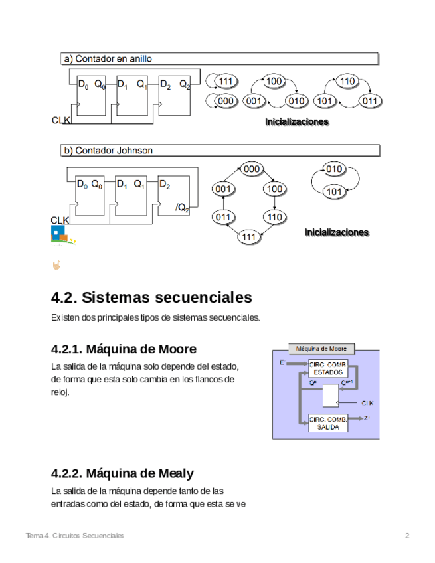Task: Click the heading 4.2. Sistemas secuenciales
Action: coord(151,297)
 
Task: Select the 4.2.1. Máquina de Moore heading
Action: coord(124,349)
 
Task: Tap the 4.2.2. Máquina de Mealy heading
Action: coord(122,473)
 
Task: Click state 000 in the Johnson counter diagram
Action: coord(252,169)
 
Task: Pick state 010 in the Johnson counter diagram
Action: coord(335,169)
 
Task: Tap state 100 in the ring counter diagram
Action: coord(274,82)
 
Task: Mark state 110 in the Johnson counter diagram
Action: coord(274,217)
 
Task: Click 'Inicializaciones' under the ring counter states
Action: coord(297,122)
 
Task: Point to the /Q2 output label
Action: coord(182,208)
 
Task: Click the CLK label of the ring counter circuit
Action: coord(60,120)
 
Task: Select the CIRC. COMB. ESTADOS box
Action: coord(328,368)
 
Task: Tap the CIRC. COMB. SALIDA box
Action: coord(328,423)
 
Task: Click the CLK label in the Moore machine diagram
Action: coord(367,403)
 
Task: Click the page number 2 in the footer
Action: coord(407,536)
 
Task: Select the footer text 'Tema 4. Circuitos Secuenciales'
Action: coord(74,536)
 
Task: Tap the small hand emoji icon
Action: coord(56,266)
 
